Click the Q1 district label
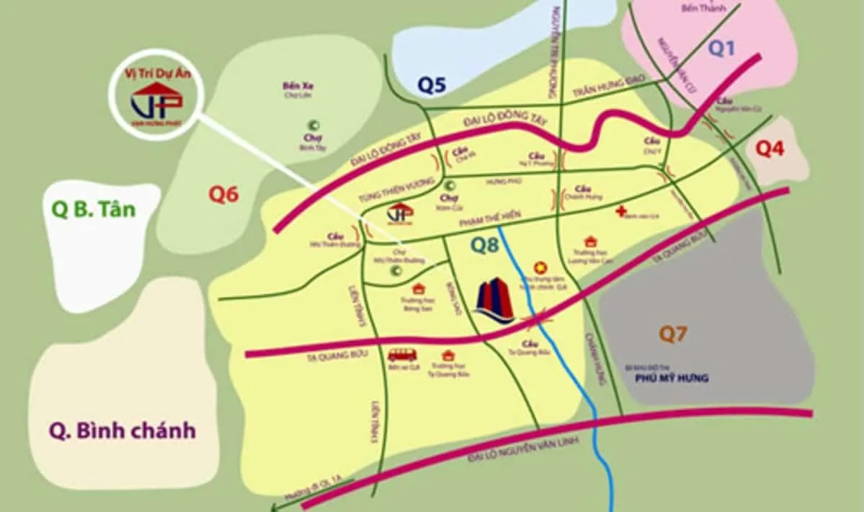click(721, 48)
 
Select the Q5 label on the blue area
click(432, 86)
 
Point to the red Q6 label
click(223, 195)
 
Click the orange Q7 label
click(674, 334)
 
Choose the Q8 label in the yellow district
click(486, 245)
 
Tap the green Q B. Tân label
click(94, 210)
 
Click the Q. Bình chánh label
click(123, 431)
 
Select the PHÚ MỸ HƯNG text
click(672, 378)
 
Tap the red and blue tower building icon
click(494, 301)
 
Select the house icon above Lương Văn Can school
click(590, 242)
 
